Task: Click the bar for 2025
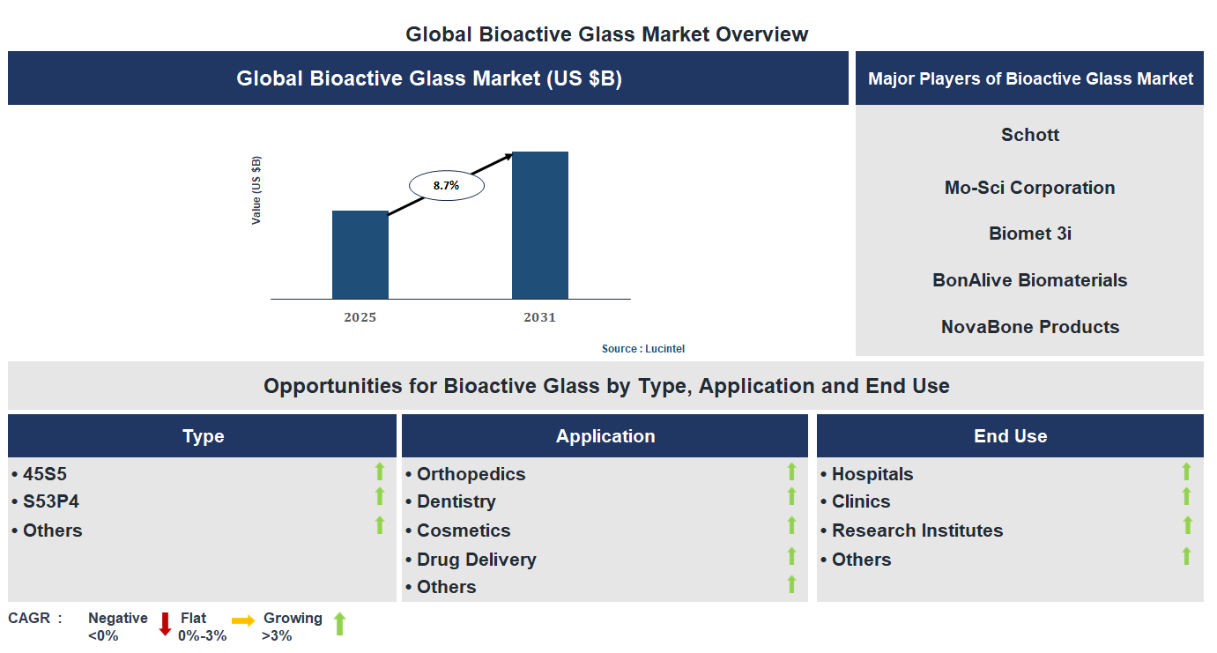pos(360,255)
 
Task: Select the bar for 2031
pos(539,225)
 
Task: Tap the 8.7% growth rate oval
pos(446,186)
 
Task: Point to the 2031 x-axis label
pos(539,317)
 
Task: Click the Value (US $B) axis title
pos(256,190)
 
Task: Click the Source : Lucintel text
pos(642,349)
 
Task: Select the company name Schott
pos(1029,135)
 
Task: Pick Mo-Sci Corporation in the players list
pos(1029,188)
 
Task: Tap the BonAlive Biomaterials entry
pos(1029,280)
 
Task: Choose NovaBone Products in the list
pos(1029,327)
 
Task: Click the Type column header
pos(203,436)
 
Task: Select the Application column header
pos(605,436)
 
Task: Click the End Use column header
pos(1010,436)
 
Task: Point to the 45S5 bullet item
pos(44,474)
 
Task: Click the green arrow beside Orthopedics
pos(791,472)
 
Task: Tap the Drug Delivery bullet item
pos(476,560)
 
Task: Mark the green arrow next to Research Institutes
pos(1187,526)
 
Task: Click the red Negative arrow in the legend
pos(165,624)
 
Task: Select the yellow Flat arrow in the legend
pos(243,620)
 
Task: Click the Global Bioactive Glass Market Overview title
pos(606,34)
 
